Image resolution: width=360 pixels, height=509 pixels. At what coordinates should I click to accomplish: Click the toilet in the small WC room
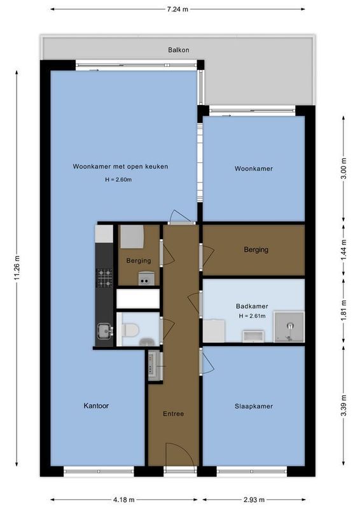(x=132, y=330)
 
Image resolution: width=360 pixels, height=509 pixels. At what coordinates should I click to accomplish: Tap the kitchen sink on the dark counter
(x=104, y=330)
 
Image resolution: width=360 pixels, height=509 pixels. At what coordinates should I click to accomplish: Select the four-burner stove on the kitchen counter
(x=104, y=277)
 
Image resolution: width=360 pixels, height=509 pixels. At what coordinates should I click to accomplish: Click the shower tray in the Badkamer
(x=289, y=327)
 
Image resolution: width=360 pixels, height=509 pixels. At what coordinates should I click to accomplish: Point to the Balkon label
(x=178, y=50)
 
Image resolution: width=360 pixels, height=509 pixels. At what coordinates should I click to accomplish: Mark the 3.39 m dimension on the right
(x=343, y=405)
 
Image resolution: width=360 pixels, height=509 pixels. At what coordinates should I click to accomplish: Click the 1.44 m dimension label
(x=343, y=250)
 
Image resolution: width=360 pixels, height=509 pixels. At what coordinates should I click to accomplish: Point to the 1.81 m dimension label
(x=343, y=311)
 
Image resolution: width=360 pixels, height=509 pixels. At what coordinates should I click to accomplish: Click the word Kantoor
(x=96, y=405)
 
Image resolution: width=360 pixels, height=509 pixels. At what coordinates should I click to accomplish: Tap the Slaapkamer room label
(x=253, y=406)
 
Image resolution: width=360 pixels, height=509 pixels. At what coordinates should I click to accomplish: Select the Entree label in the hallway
(x=174, y=414)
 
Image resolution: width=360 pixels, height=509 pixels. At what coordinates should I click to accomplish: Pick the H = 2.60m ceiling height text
(x=118, y=180)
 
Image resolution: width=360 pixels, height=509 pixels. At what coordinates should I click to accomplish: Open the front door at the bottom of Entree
(x=174, y=458)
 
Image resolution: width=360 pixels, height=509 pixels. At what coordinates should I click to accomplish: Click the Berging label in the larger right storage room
(x=256, y=250)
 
